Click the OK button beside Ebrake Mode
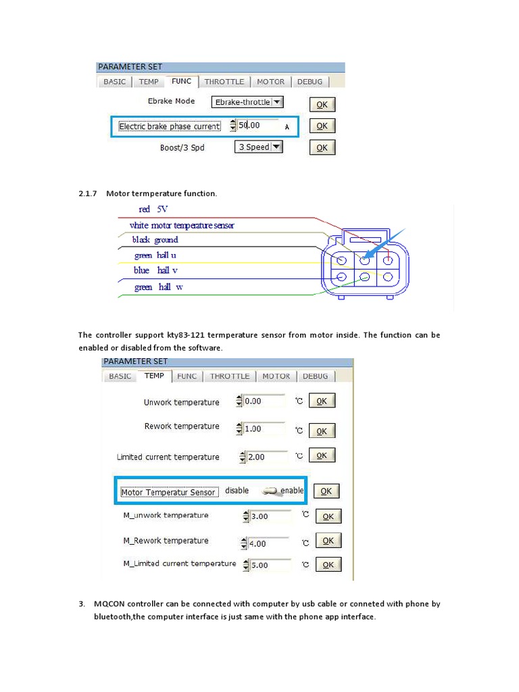pyautogui.click(x=322, y=105)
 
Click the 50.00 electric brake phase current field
pyautogui.click(x=257, y=125)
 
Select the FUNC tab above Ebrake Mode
pyautogui.click(x=181, y=81)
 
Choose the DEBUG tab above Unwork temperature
pyautogui.click(x=315, y=376)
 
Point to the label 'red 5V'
pyautogui.click(x=153, y=209)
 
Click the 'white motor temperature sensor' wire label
pyautogui.click(x=181, y=225)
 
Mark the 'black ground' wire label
pyautogui.click(x=155, y=240)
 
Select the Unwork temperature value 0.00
pyautogui.click(x=264, y=401)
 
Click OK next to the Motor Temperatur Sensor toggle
pyautogui.click(x=326, y=491)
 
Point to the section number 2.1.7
pyautogui.click(x=89, y=194)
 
